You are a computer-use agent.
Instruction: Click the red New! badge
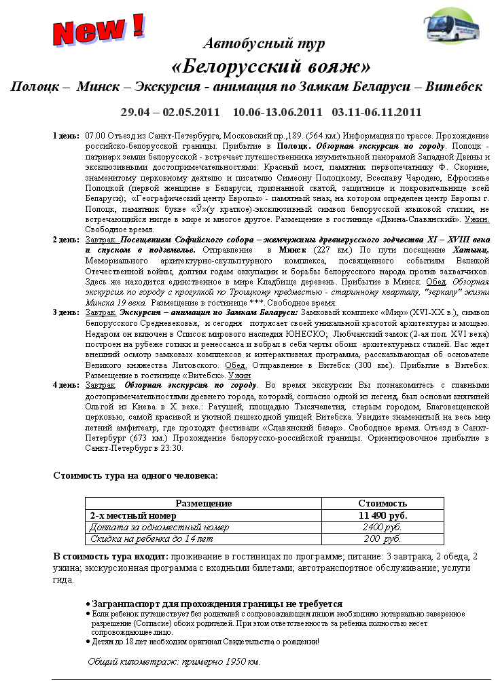99,29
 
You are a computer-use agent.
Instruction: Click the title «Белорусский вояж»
271,67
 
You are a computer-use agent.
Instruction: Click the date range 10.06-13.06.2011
277,111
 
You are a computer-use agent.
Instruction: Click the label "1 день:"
66,136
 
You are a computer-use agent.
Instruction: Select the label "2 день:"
66,241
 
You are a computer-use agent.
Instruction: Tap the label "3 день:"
66,312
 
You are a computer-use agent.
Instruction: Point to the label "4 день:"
66,385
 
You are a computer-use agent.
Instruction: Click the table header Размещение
204,503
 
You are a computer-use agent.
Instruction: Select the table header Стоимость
383,503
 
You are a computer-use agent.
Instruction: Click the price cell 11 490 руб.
383,515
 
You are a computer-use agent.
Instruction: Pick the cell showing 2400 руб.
383,527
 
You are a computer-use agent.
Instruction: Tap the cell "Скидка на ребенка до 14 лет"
152,538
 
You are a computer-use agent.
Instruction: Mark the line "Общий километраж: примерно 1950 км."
175,661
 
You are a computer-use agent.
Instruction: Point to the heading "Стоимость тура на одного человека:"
135,475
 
